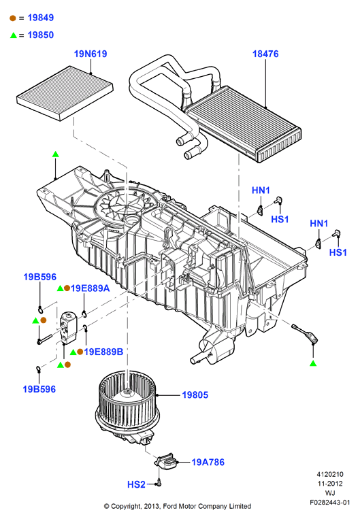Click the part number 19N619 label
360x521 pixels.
point(91,54)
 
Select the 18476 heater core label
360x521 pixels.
point(265,54)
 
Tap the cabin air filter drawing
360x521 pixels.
point(65,93)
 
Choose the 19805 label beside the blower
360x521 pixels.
point(195,395)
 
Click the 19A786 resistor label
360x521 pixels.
point(208,463)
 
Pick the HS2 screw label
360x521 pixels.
point(136,484)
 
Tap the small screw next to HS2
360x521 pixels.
point(159,483)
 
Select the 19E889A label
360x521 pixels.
point(90,288)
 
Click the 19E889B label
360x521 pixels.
point(103,352)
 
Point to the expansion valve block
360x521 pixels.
point(68,327)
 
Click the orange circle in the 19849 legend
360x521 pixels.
point(13,18)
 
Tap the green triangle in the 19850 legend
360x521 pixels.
point(14,35)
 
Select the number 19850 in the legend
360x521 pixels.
point(41,35)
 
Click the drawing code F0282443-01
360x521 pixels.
point(330,503)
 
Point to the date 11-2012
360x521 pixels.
point(330,484)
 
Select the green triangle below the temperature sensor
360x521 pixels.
point(313,363)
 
